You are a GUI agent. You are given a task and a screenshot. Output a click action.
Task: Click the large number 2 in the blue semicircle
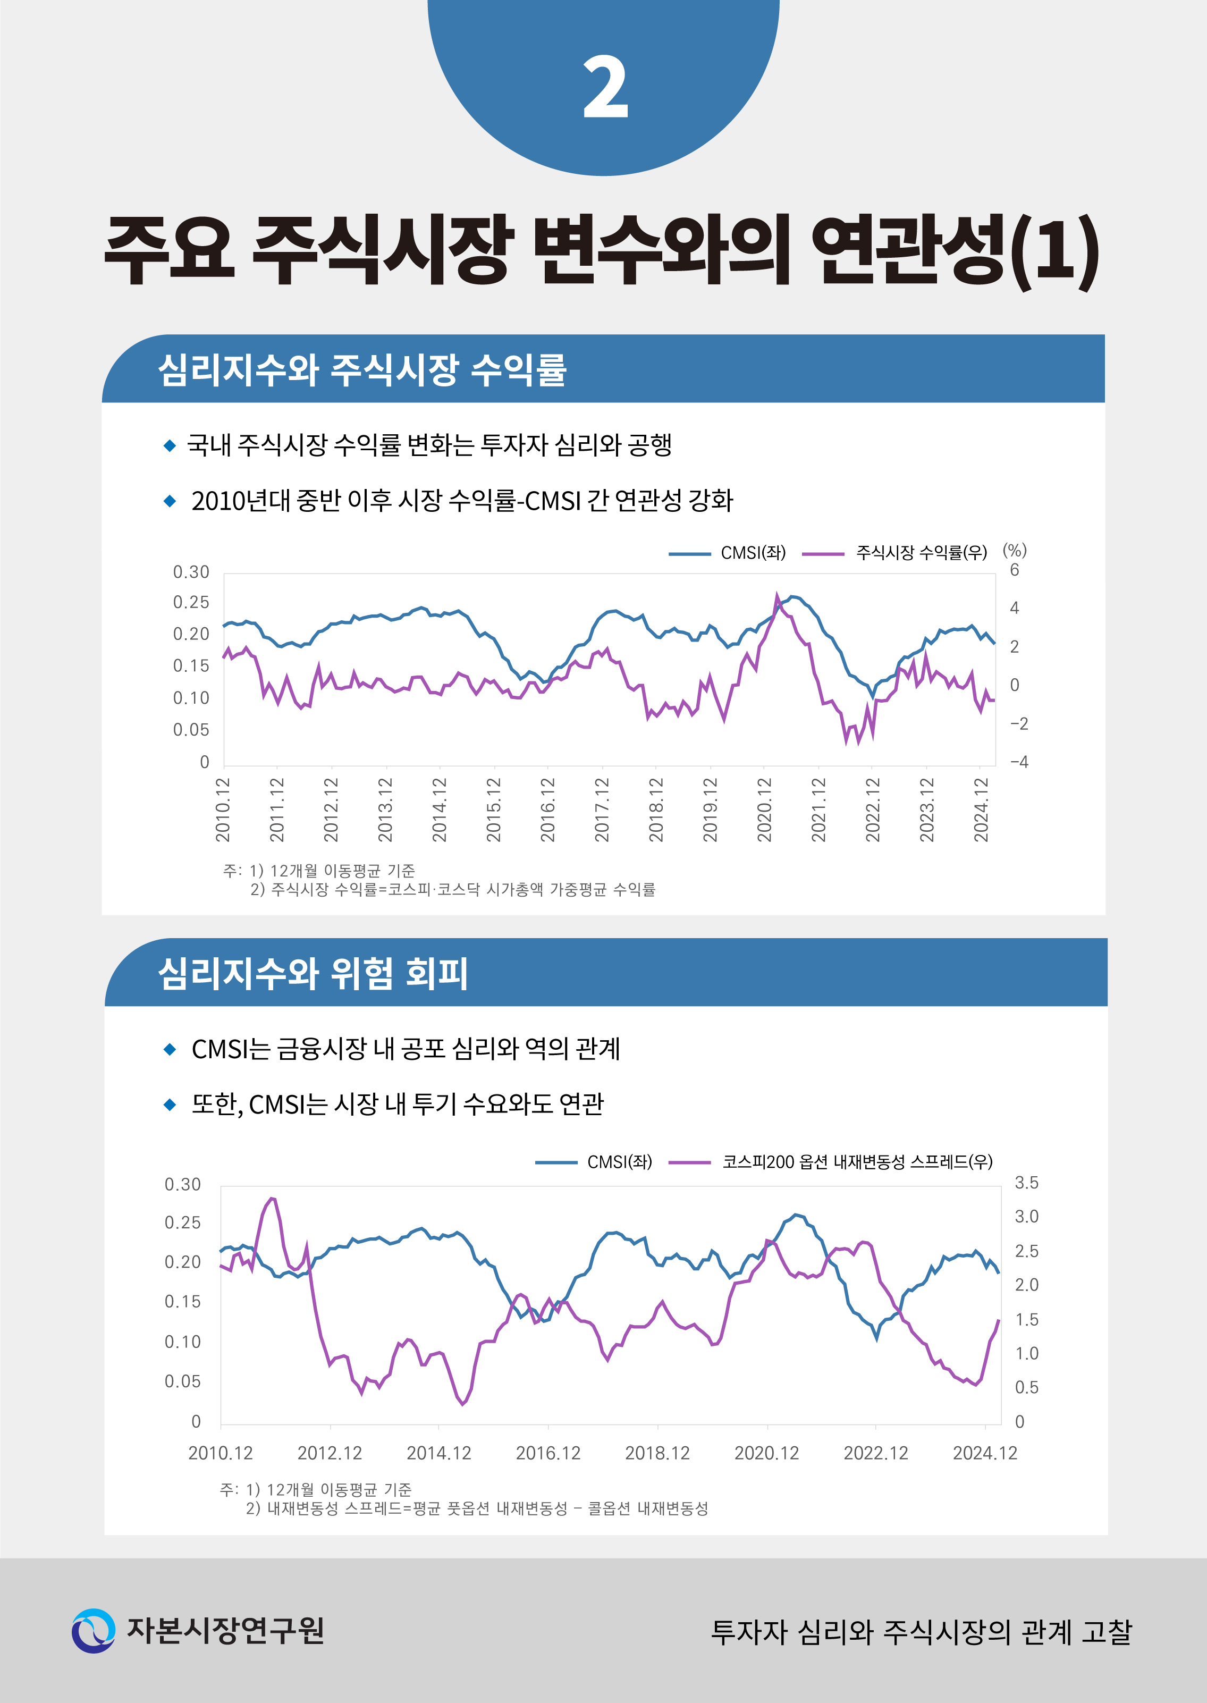(605, 88)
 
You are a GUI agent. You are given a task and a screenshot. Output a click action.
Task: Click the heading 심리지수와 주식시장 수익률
(362, 369)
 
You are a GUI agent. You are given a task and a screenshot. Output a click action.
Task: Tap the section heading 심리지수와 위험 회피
(313, 973)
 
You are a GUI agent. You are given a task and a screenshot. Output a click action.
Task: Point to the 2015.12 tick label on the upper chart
(494, 810)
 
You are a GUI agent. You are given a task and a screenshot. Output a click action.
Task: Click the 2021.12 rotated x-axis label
(818, 810)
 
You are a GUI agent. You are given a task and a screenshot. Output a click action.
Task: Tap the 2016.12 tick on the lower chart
(548, 1453)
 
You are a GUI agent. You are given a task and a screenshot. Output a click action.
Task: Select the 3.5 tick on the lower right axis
(1026, 1183)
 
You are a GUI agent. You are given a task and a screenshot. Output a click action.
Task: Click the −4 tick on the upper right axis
(1019, 762)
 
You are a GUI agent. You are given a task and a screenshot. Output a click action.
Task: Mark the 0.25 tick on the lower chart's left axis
(182, 1223)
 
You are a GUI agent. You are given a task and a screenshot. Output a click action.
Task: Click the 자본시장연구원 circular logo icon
(94, 1631)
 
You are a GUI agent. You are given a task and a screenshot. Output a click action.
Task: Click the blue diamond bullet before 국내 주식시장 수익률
(170, 445)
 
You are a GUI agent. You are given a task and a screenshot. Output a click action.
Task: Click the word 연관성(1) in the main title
(955, 250)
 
